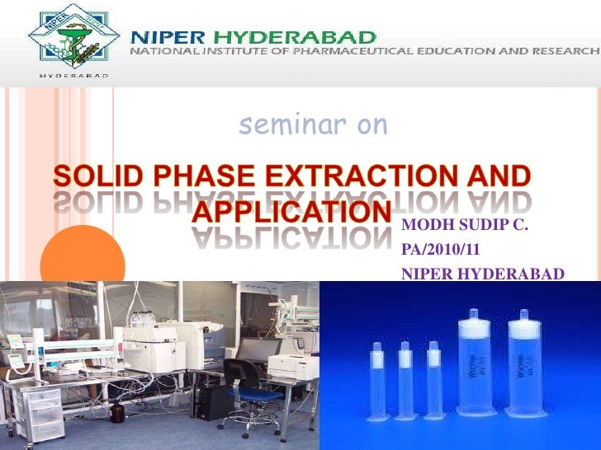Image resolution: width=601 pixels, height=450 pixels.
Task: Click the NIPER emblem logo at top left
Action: click(x=71, y=39)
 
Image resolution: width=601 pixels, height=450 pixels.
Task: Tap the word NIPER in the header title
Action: click(x=169, y=36)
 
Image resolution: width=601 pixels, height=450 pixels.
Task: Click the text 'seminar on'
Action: click(x=313, y=124)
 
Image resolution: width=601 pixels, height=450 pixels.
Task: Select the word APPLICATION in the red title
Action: click(x=291, y=210)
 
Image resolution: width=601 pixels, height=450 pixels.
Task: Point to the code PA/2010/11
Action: click(x=442, y=247)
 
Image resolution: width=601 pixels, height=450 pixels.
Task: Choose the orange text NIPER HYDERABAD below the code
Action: click(x=483, y=274)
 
